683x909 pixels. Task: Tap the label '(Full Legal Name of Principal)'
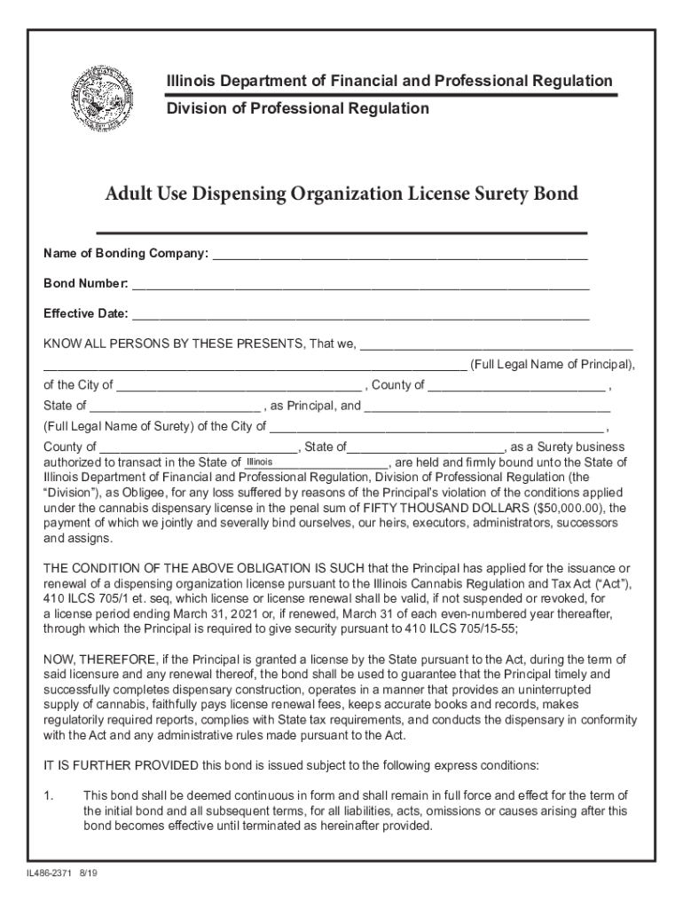click(x=552, y=365)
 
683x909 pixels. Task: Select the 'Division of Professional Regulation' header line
click(x=298, y=108)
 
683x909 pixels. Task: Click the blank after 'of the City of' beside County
click(x=239, y=385)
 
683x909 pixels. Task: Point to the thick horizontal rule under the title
click(x=341, y=232)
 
